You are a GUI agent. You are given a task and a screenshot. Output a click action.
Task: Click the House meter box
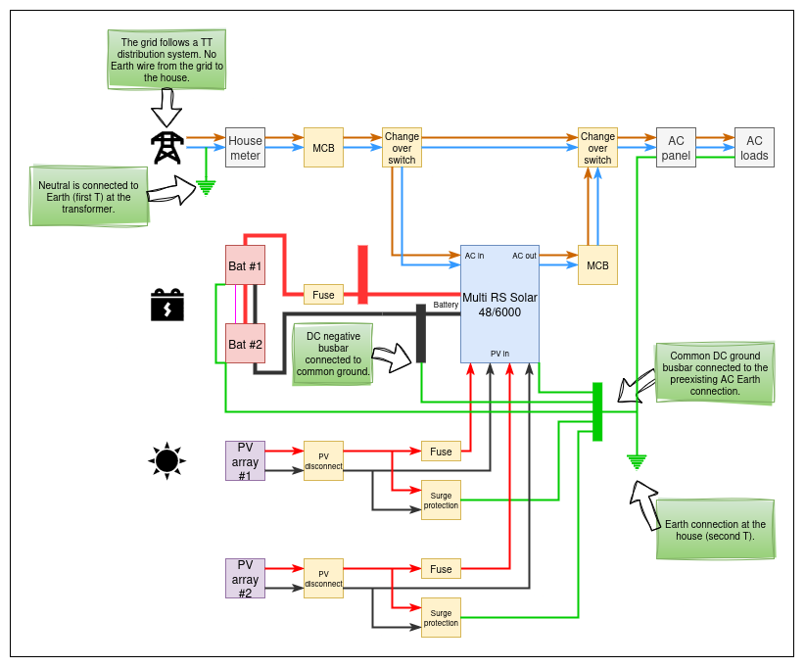245,148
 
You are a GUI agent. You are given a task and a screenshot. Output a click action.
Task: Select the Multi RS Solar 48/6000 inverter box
499,304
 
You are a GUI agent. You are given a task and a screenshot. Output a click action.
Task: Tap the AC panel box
676,148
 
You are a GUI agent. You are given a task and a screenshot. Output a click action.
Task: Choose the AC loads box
754,148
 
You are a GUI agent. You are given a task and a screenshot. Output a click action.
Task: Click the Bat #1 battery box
245,265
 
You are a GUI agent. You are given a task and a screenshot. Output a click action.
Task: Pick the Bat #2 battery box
245,344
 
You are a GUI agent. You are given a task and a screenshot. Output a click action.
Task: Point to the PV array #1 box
245,460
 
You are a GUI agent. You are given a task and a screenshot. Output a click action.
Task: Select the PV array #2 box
245,578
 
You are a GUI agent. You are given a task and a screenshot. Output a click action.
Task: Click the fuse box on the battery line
323,294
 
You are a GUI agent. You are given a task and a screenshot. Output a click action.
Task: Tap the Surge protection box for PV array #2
441,617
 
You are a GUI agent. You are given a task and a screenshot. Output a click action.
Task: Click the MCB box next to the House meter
323,148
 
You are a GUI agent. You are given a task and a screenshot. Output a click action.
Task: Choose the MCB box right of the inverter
597,265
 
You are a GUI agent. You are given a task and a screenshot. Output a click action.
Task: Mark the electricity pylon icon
166,148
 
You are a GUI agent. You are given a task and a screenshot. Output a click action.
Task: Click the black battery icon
166,305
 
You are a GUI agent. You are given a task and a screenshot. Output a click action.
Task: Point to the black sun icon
166,459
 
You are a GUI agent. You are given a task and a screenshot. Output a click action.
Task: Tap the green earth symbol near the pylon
206,186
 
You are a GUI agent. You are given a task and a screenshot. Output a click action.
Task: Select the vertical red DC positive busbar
362,274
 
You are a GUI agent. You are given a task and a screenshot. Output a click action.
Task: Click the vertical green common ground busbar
597,411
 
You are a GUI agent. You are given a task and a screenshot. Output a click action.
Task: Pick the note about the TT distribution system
166,59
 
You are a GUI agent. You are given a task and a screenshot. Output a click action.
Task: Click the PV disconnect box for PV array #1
323,460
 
